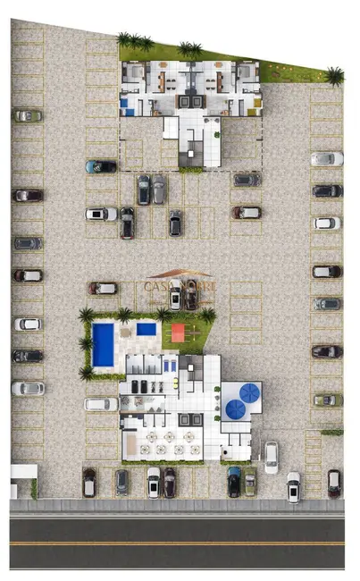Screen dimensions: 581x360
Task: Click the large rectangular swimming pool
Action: coord(104,344)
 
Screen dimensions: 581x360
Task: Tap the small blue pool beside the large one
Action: coord(147,329)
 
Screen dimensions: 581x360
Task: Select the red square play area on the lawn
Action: coord(177,333)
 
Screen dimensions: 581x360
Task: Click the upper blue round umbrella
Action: coord(249,392)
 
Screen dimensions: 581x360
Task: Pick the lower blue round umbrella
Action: coord(236,408)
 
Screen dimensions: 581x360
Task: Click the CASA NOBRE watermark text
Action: coord(179,286)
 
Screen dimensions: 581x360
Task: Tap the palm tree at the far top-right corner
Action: coord(335,76)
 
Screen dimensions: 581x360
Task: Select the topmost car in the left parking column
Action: coord(28,115)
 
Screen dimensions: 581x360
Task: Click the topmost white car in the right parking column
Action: coord(327,158)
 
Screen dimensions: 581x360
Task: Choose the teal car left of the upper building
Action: coord(101,166)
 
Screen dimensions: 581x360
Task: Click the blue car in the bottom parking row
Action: coord(234,481)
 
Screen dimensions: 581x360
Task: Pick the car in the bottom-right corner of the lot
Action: coord(334,483)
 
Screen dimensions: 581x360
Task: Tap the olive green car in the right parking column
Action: coord(327,400)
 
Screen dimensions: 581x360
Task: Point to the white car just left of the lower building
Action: coord(101,404)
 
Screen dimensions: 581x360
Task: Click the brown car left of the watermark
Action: coord(103,288)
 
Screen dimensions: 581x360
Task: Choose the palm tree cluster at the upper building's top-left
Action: coord(134,41)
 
